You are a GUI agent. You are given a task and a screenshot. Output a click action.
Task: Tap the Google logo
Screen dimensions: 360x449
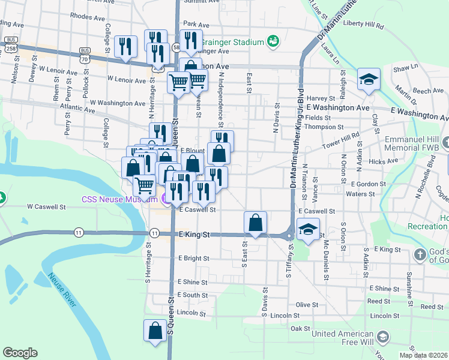20,353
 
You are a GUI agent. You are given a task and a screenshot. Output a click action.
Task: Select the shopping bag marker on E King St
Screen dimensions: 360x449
256,223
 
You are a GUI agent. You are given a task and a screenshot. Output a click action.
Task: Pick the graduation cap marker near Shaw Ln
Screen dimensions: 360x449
369,79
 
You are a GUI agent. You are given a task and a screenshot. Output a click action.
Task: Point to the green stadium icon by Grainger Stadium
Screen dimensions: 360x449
273,41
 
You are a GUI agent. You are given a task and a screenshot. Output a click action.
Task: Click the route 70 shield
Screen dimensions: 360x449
84,59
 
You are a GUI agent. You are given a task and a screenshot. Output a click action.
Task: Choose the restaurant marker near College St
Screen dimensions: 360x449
126,46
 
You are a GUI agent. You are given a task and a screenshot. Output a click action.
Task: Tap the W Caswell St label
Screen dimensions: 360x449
46,206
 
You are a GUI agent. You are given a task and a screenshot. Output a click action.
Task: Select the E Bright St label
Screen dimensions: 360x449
193,258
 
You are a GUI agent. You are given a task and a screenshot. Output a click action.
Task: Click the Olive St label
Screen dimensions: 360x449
306,305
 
